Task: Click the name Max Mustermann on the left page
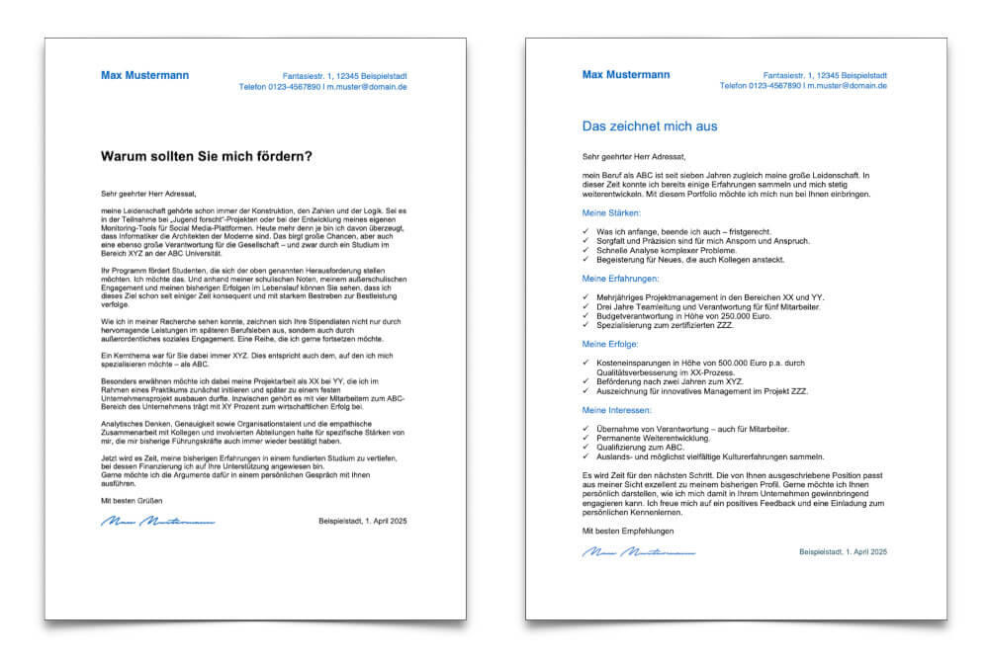[x=144, y=75]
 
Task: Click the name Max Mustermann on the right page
[x=626, y=75]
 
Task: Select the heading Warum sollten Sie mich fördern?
[x=207, y=156]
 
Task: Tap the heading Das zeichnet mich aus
[x=650, y=127]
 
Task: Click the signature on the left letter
[x=158, y=522]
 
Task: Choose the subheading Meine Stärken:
[x=612, y=213]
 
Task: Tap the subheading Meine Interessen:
[x=617, y=409]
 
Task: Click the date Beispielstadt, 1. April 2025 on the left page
[x=363, y=521]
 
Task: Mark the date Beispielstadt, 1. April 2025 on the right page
[x=844, y=551]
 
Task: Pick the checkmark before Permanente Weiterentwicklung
[x=586, y=437]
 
